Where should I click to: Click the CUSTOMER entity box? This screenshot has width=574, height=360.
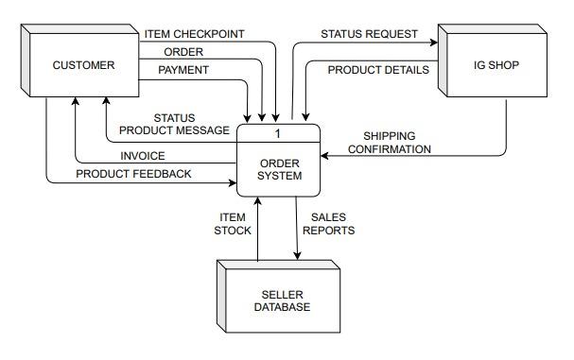(83, 66)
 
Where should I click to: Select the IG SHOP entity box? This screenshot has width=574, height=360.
(496, 66)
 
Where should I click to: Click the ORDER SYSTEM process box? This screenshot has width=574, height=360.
(280, 169)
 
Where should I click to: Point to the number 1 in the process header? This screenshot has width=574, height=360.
(278, 133)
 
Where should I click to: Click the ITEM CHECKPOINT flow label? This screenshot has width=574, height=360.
(194, 34)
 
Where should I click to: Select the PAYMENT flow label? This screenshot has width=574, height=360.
(183, 70)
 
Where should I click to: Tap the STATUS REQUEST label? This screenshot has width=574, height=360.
(369, 34)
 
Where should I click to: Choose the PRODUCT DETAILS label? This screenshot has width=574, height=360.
(378, 70)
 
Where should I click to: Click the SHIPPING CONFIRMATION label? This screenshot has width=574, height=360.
(390, 143)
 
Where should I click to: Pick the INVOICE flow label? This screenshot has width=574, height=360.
(142, 156)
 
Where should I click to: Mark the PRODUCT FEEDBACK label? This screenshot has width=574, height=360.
(133, 174)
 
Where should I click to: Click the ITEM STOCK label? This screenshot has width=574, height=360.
(233, 223)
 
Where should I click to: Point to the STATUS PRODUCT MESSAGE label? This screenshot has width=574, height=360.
(174, 124)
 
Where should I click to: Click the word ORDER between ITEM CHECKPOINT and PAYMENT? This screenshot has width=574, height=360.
(183, 52)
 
